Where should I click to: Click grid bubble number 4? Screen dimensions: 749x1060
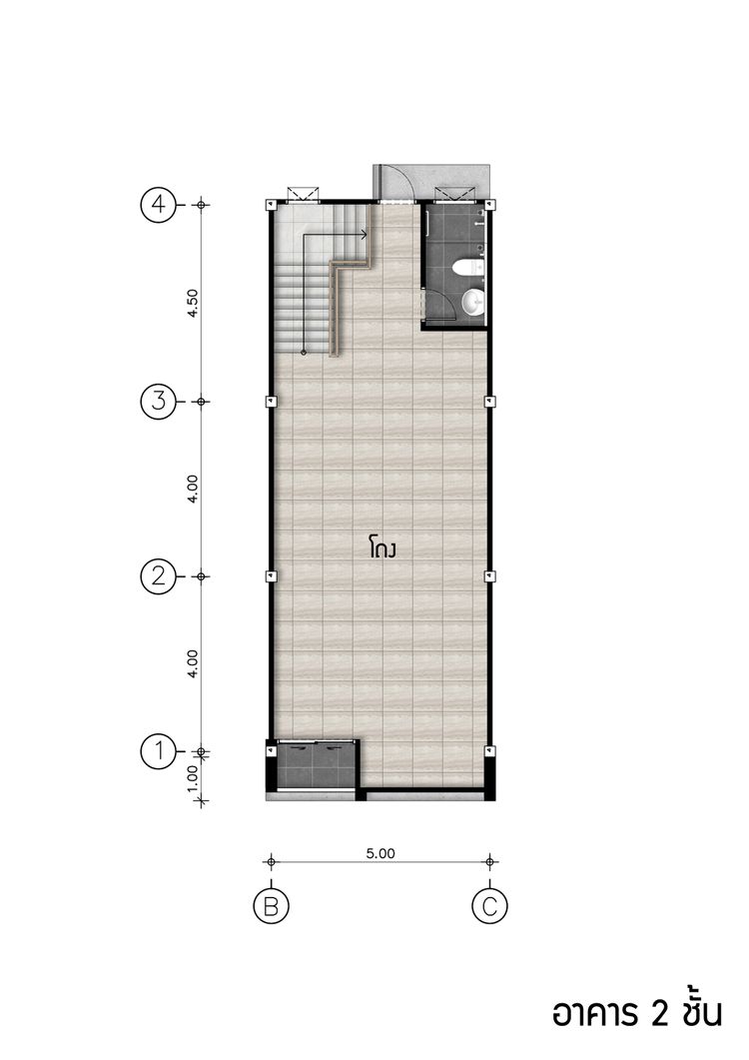[x=158, y=204]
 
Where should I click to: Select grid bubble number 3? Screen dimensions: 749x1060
[x=158, y=402]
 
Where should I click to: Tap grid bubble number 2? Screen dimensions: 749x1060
[x=158, y=576]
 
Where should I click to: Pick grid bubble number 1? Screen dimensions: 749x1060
[x=158, y=751]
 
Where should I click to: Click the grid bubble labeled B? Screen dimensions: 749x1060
[x=271, y=906]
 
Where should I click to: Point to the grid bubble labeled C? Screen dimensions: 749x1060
[x=489, y=906]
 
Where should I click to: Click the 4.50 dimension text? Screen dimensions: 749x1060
[x=193, y=304]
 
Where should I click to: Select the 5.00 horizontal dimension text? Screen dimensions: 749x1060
[x=380, y=853]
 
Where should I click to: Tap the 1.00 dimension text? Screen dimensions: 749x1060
[x=193, y=777]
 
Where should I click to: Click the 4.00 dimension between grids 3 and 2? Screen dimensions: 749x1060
[x=193, y=489]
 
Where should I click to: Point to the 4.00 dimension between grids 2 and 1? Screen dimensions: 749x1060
[x=193, y=663]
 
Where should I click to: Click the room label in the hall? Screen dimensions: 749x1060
[x=381, y=546]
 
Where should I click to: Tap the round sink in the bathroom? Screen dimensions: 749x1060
[x=474, y=302]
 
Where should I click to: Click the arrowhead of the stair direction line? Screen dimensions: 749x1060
[x=364, y=235]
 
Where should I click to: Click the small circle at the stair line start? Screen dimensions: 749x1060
[x=304, y=353]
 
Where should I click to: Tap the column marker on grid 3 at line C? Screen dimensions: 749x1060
[x=490, y=402]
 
